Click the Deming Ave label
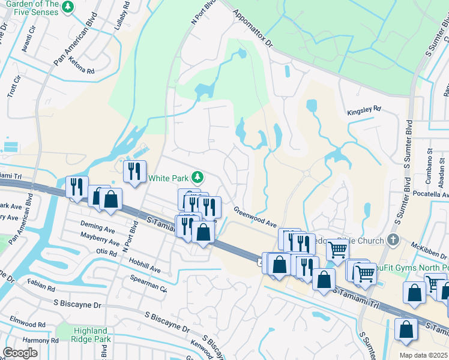coord(97,229)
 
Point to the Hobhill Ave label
coord(143,268)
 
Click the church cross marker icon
coord(393,240)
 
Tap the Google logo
coord(20,353)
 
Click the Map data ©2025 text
coord(423,355)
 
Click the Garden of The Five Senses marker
coord(69,7)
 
